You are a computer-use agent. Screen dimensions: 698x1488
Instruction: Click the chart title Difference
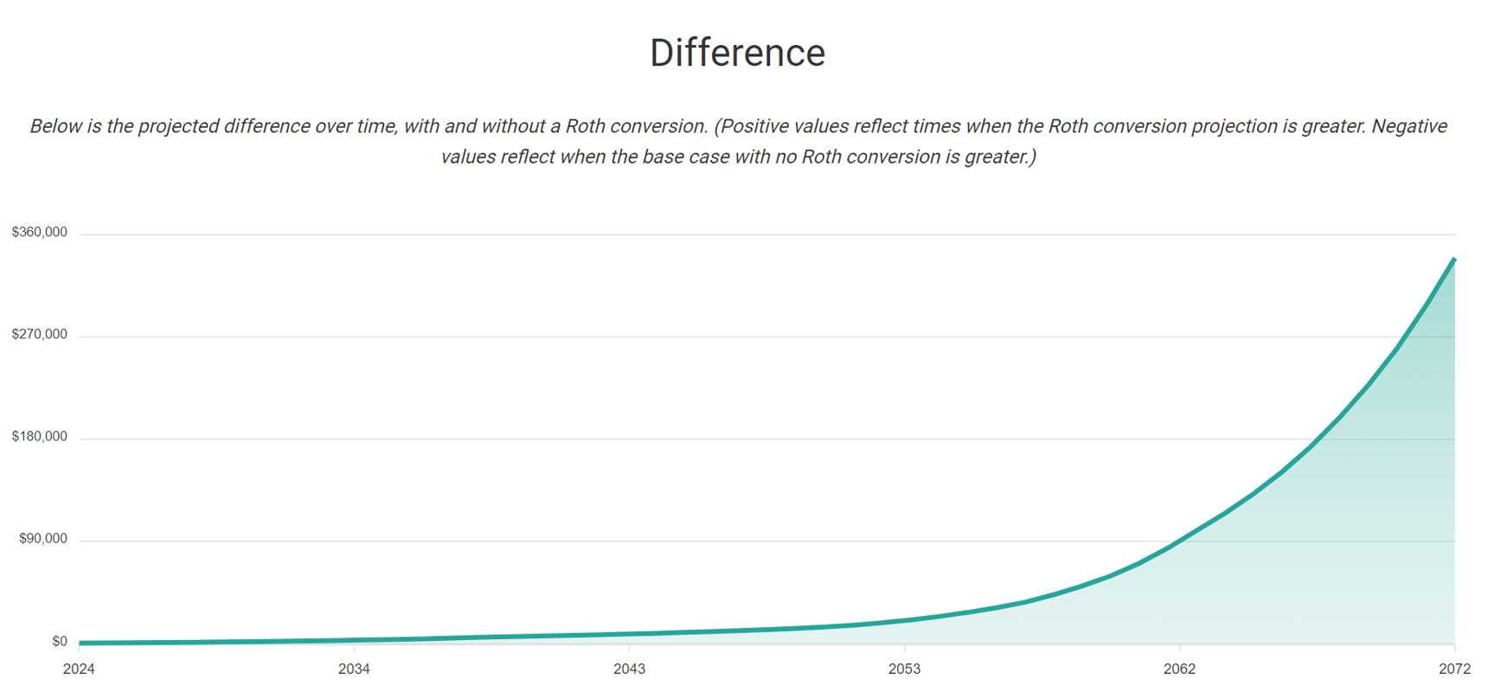click(x=737, y=53)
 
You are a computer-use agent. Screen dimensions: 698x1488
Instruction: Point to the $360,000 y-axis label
click(x=39, y=233)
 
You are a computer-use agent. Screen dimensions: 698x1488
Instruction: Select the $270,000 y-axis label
click(x=39, y=335)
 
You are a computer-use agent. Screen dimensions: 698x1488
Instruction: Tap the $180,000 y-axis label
click(x=39, y=437)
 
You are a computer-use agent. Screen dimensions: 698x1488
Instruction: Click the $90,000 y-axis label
click(x=42, y=539)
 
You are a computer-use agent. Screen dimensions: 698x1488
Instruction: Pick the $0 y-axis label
click(x=59, y=642)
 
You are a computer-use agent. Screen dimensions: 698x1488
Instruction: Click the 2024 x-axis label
click(x=79, y=669)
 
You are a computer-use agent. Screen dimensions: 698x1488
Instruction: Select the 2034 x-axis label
click(x=354, y=669)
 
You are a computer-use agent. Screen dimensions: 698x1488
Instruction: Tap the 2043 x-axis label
click(x=629, y=669)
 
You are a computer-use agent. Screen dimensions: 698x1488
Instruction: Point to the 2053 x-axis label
click(x=904, y=669)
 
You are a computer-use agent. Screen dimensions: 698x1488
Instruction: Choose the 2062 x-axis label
click(x=1179, y=669)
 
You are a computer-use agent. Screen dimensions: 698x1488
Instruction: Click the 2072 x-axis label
click(x=1454, y=669)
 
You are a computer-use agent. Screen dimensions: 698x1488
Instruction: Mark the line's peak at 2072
click(x=1454, y=259)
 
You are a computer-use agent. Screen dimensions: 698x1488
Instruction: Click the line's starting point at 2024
click(x=80, y=643)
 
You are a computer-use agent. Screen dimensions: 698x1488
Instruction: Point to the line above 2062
click(x=1179, y=541)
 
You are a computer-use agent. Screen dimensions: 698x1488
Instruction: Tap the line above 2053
click(x=904, y=620)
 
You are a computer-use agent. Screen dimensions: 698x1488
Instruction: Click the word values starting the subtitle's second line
click(x=467, y=157)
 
